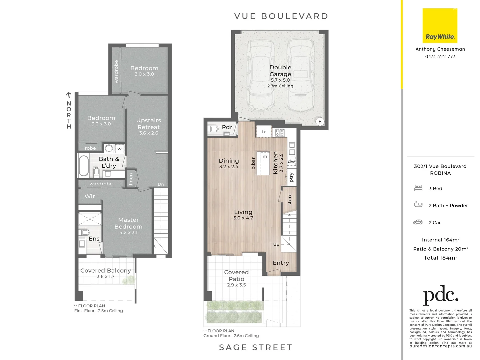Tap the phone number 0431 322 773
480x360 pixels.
coord(440,57)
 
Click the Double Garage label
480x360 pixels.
coord(280,71)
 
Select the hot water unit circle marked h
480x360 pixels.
coord(320,122)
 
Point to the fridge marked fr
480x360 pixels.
coord(264,132)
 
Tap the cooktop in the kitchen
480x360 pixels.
coord(280,133)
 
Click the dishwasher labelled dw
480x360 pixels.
coord(291,161)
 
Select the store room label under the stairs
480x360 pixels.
coord(290,199)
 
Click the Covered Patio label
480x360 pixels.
coord(236,276)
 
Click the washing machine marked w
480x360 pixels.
coord(119,149)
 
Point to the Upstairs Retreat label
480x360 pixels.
coord(149,124)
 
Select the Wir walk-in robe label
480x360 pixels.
coord(90,196)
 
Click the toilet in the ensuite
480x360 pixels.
coord(85,232)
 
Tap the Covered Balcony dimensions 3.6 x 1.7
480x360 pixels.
coord(106,276)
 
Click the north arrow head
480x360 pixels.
coord(69,94)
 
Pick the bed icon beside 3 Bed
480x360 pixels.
coord(418,188)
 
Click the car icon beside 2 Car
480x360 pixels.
coord(418,222)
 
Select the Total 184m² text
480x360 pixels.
coord(440,258)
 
